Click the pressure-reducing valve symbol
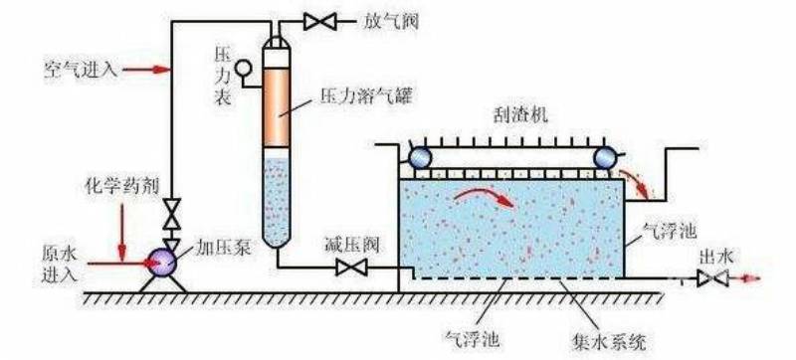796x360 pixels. [349, 267]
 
